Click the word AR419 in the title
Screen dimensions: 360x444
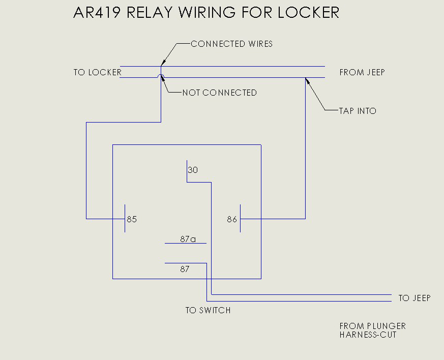coord(96,12)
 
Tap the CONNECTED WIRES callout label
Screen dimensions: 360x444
coord(231,44)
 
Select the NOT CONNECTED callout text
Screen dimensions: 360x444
coord(219,93)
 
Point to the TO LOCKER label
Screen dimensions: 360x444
coord(97,72)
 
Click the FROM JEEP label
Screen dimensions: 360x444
coord(362,72)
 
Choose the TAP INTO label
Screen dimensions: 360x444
coord(358,110)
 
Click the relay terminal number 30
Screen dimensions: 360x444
coord(193,170)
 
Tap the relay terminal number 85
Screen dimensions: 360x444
coord(132,220)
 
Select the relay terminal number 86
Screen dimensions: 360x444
coord(232,220)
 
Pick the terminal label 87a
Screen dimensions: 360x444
coord(188,238)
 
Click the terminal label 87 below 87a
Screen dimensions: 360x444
coord(185,269)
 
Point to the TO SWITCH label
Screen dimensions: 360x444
coord(208,310)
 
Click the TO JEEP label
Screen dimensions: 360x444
coord(414,298)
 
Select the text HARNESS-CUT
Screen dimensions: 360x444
coord(368,335)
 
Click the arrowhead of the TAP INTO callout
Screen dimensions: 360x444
coord(307,80)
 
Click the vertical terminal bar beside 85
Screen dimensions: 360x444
coord(125,219)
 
